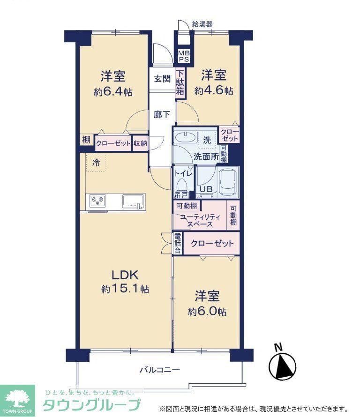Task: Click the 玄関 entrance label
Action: (x=162, y=79)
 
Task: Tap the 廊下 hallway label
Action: (x=162, y=115)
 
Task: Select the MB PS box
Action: (x=184, y=56)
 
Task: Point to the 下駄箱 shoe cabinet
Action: (x=180, y=83)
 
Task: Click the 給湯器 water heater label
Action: (x=202, y=24)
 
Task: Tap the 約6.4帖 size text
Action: (x=113, y=92)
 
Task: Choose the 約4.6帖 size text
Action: (x=214, y=91)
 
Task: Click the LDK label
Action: (x=125, y=275)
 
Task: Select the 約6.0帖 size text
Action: (x=207, y=312)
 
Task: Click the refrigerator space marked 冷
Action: (x=96, y=163)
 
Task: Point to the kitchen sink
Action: (x=133, y=201)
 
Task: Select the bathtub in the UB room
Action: (x=228, y=182)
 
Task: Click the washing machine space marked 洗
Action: (x=207, y=140)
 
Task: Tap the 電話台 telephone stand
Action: (x=178, y=243)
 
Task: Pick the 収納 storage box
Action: (x=140, y=143)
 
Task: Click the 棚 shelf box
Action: (x=86, y=140)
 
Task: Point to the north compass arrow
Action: (x=282, y=366)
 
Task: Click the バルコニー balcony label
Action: (x=160, y=370)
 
